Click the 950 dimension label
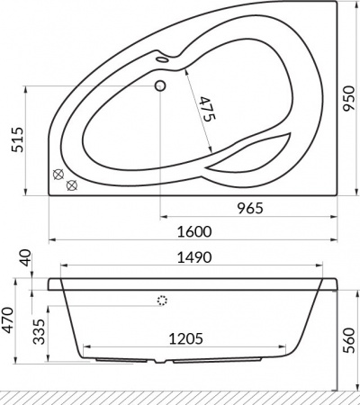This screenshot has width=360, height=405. (349, 98)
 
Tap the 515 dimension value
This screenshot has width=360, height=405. (17, 139)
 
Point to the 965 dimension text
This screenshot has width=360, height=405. (250, 208)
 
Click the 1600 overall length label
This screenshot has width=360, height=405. (194, 231)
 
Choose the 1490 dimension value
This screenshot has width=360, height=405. (194, 257)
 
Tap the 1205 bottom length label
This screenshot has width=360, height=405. (185, 339)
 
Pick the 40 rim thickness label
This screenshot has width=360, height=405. (26, 258)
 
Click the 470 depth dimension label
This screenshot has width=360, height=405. (8, 320)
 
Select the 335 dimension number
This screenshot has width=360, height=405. (39, 331)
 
